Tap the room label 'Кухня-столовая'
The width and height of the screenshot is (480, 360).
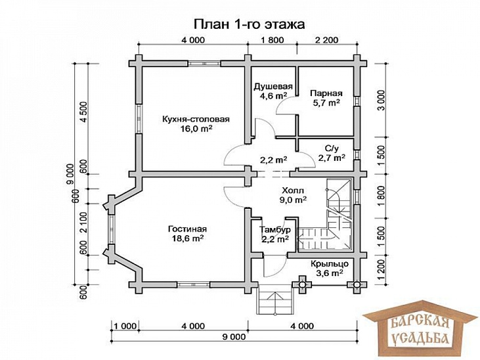196,119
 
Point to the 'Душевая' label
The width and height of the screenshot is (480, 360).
273,86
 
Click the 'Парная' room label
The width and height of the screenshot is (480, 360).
326,93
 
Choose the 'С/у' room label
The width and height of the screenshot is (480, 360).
332,148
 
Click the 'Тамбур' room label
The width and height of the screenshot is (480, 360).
274,229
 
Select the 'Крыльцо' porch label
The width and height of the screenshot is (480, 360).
328,262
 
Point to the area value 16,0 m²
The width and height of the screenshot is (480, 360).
196,129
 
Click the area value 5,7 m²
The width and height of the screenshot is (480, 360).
326,103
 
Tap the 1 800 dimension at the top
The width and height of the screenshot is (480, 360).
272,41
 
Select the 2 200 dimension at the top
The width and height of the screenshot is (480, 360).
326,41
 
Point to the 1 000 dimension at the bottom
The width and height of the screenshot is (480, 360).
124,326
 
